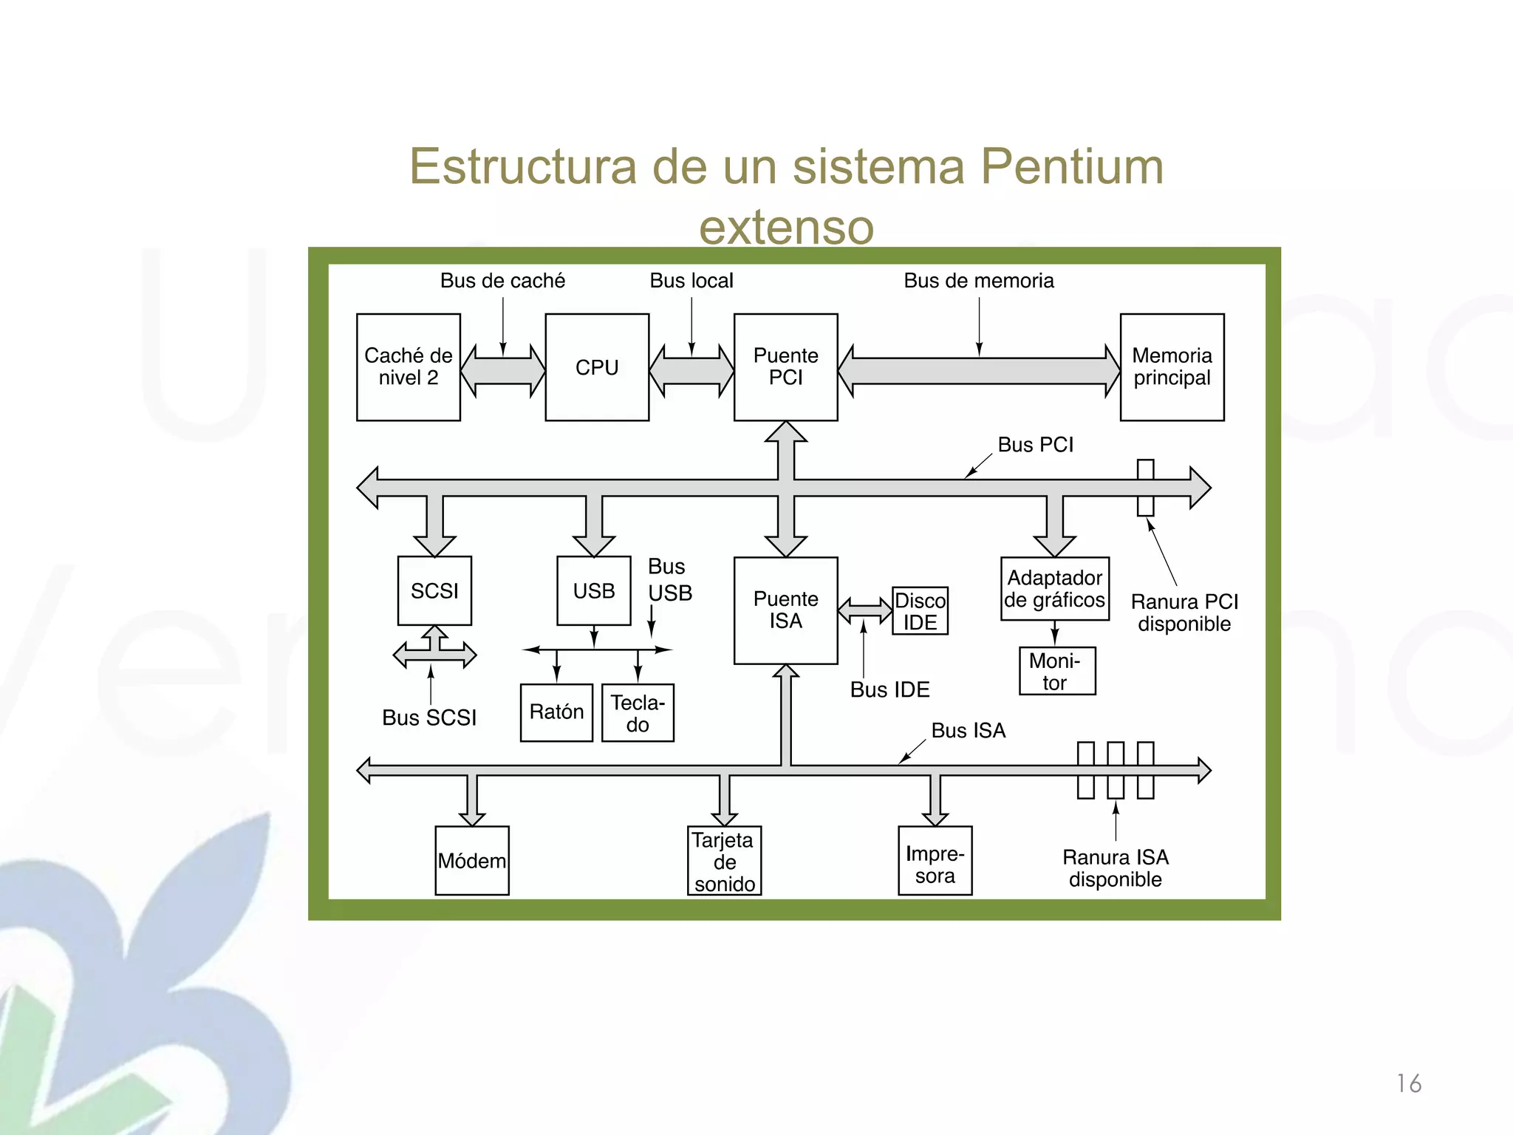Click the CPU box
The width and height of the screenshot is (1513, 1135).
click(597, 367)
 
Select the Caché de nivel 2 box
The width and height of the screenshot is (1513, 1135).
click(408, 367)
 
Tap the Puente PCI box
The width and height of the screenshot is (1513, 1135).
click(785, 367)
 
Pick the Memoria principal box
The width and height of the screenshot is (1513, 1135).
click(1172, 367)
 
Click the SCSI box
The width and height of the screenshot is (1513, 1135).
click(434, 590)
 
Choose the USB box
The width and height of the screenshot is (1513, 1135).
click(593, 590)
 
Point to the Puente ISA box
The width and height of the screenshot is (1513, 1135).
click(785, 610)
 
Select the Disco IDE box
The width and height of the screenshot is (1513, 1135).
click(920, 611)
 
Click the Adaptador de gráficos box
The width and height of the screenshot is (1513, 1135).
click(1054, 589)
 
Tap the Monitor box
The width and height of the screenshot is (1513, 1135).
click(1056, 671)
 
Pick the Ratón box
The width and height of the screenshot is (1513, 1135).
click(556, 712)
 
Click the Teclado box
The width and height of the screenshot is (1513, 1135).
click(638, 713)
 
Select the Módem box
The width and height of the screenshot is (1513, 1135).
click(472, 861)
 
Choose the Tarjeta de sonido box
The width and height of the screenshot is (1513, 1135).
click(724, 861)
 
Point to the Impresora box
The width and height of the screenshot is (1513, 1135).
click(935, 861)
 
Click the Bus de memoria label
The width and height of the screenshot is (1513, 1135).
click(978, 281)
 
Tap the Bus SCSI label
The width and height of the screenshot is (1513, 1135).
click(428, 718)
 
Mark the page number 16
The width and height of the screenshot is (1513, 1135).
click(1408, 1084)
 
